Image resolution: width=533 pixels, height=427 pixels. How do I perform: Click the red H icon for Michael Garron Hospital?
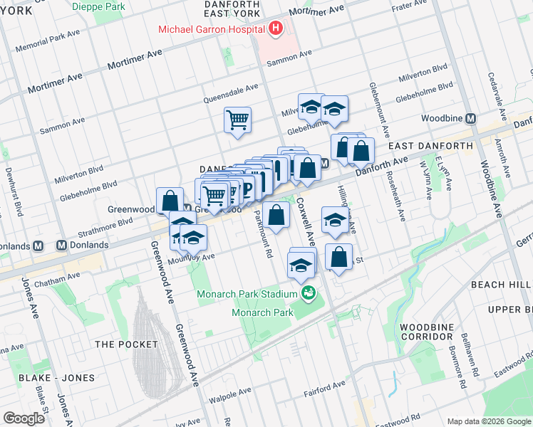(275, 29)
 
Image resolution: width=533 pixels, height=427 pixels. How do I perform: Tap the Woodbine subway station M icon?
(470, 117)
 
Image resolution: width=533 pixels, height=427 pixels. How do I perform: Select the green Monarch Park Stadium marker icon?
(309, 292)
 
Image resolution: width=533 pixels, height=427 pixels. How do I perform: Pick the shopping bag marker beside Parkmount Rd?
(276, 214)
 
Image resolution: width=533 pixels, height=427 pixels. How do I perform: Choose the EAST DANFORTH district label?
(430, 146)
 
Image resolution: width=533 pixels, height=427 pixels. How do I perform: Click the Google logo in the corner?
(24, 418)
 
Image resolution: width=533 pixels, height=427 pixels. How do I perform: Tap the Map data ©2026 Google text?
(487, 421)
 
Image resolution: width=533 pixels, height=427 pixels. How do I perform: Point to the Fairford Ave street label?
(320, 388)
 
